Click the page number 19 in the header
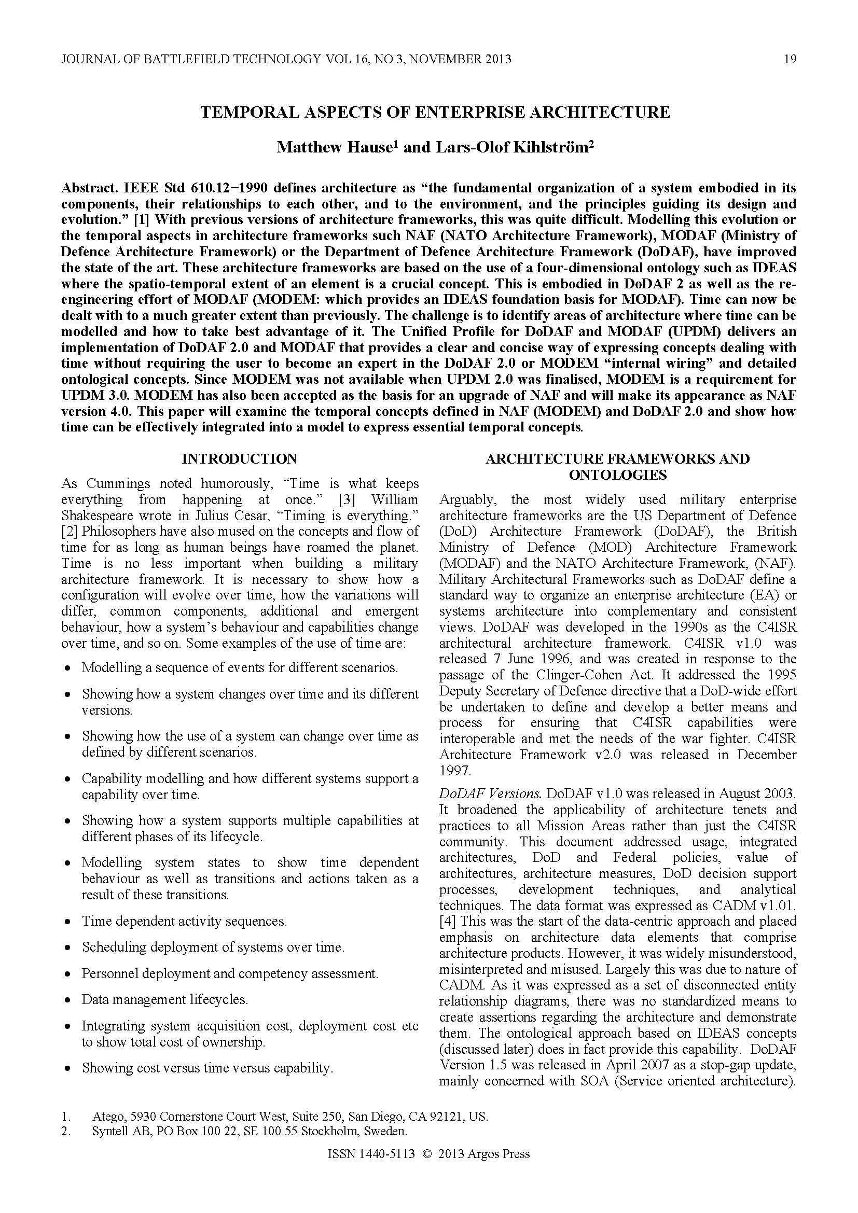point(790,59)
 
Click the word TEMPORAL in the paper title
point(241,113)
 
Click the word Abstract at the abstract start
point(90,188)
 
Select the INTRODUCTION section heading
point(239,458)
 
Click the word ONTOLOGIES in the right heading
point(617,475)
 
